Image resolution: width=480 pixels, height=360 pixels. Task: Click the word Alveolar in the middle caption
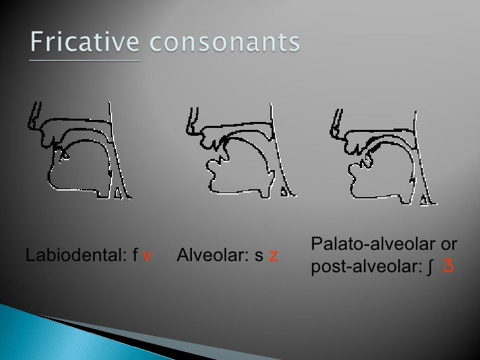(208, 255)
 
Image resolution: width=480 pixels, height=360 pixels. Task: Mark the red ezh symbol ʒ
(448, 268)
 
